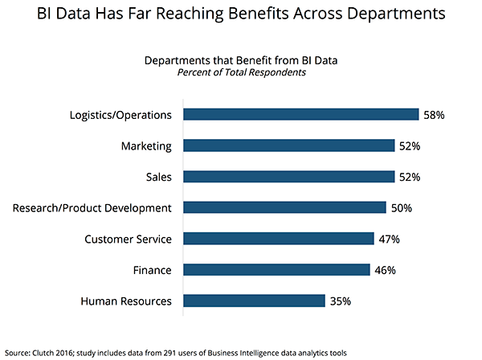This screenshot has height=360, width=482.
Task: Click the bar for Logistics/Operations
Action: point(300,115)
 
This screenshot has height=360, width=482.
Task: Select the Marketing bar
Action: point(288,145)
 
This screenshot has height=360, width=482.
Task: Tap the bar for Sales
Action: point(288,177)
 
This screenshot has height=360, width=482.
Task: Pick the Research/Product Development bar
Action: point(284,208)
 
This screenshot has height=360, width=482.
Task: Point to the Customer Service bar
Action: point(278,239)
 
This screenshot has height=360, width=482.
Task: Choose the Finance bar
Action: point(276,270)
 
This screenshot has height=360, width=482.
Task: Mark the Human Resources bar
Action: point(254,301)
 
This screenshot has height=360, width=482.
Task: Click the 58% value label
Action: point(434,115)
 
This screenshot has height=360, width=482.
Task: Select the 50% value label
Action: point(402,208)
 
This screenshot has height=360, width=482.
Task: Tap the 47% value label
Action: point(390,239)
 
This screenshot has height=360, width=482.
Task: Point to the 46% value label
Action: point(386,270)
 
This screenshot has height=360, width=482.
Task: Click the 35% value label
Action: point(341,301)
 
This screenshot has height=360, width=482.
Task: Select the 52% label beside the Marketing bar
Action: point(410,145)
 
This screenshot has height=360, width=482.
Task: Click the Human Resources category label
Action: point(126,301)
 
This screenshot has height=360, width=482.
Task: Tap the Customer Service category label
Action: point(129,239)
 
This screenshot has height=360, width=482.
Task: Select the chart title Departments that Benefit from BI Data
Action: point(241,60)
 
